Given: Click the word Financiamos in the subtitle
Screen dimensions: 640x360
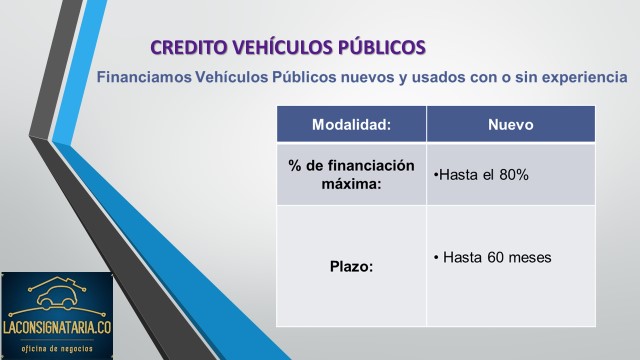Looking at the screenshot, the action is [144, 77].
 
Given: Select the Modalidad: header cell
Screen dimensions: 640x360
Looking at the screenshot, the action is [351, 124].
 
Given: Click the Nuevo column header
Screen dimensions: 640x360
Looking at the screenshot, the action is [511, 124].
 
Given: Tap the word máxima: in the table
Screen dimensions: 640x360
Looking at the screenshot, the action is [351, 184].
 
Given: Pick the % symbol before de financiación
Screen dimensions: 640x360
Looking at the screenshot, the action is [294, 165].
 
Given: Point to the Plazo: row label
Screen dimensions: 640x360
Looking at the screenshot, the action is [351, 267].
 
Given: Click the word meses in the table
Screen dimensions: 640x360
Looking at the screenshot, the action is [530, 257].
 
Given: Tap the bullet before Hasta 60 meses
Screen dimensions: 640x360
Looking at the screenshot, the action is [436, 258].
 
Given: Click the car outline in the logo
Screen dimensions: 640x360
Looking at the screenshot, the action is [56, 297].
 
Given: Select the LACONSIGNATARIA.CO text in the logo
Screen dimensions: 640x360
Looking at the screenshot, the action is [57, 327].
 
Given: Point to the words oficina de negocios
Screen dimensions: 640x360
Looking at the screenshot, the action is [57, 349].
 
